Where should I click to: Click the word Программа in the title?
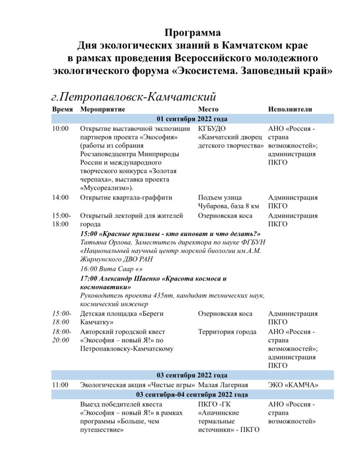click(x=193, y=33)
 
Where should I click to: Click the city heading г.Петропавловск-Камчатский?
click(x=133, y=96)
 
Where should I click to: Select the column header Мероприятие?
click(x=102, y=109)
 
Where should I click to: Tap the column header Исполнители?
click(x=290, y=109)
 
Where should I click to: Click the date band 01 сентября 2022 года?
click(x=192, y=119)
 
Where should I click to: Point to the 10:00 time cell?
click(x=61, y=128)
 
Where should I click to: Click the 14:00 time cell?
click(x=61, y=198)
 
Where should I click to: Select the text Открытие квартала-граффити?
click(x=126, y=198)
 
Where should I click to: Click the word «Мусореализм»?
click(x=102, y=188)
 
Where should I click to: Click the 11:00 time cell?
click(x=61, y=385)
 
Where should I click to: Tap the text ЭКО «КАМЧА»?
click(x=294, y=385)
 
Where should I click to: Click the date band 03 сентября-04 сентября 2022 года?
click(x=192, y=394)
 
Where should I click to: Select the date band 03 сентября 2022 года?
click(x=192, y=375)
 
